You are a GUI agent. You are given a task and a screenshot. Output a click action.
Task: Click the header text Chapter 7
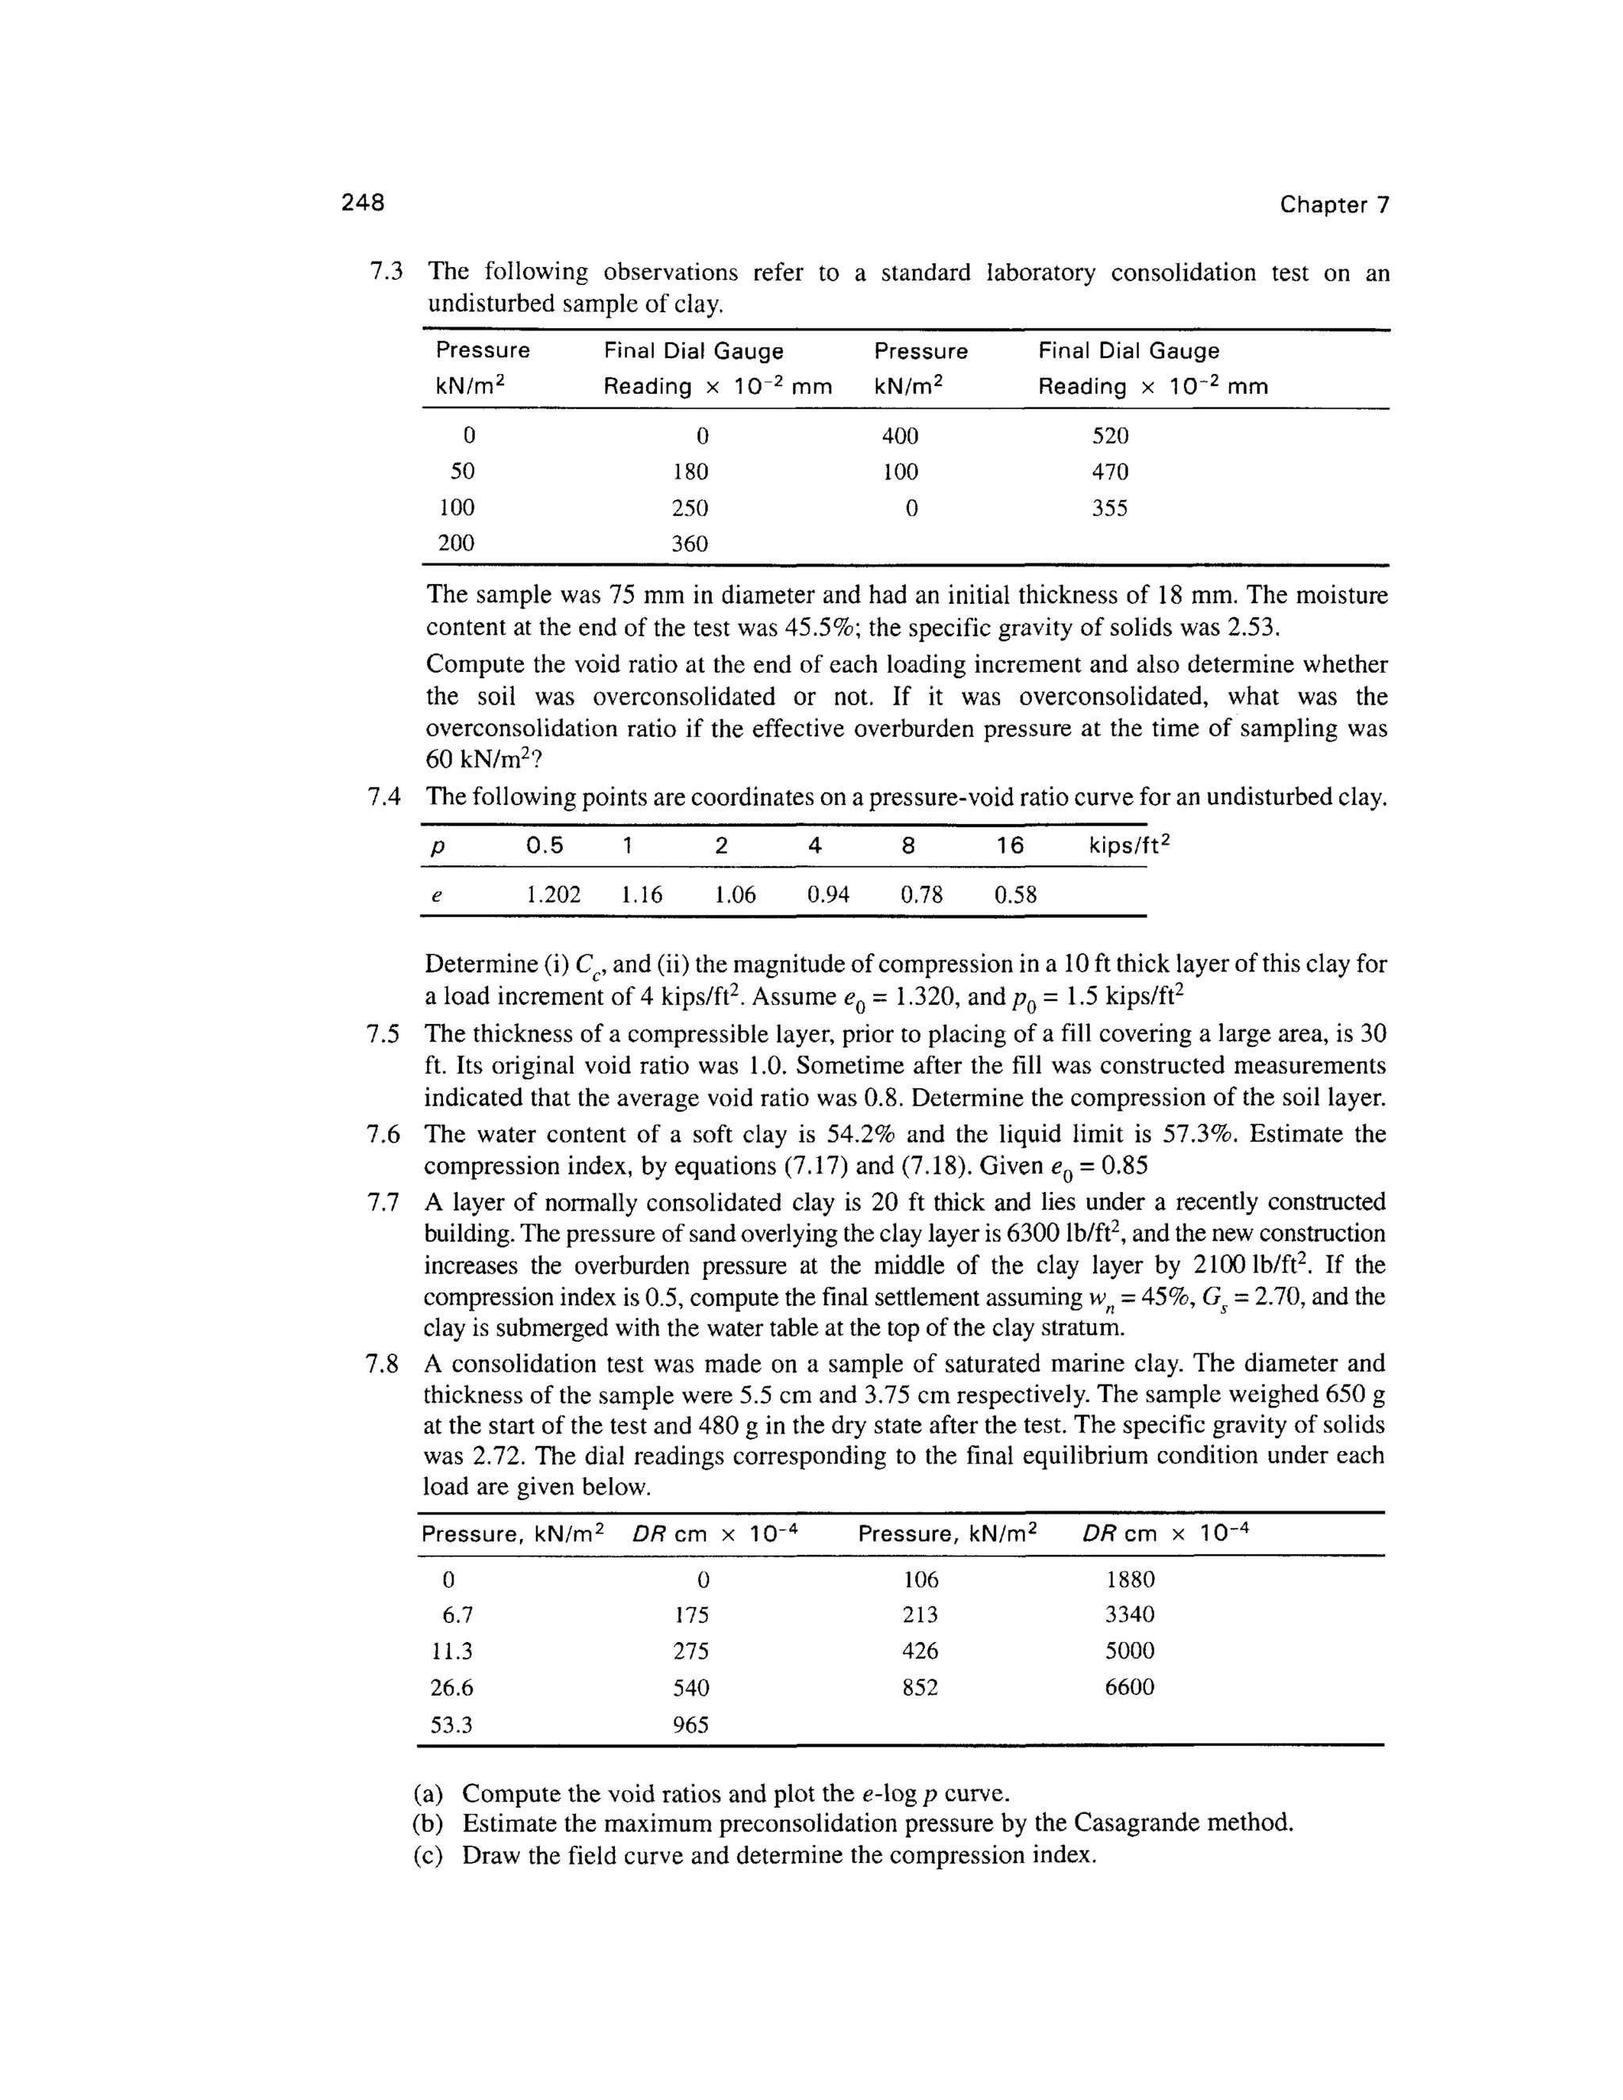tap(1334, 204)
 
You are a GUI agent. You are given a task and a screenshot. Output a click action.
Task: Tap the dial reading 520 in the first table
tap(1109, 437)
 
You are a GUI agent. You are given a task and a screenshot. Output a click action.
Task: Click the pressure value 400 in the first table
tap(900, 437)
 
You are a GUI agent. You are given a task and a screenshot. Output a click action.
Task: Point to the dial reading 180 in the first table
tap(690, 472)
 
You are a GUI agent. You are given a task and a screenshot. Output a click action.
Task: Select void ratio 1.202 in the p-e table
tap(554, 895)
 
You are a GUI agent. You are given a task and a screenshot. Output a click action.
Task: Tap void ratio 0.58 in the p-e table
tap(1015, 895)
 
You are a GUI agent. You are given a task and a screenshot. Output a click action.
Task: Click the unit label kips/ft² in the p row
tap(1131, 846)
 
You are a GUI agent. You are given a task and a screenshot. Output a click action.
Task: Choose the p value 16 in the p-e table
tap(1010, 846)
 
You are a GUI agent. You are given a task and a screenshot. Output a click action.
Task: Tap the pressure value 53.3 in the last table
tap(451, 1725)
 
